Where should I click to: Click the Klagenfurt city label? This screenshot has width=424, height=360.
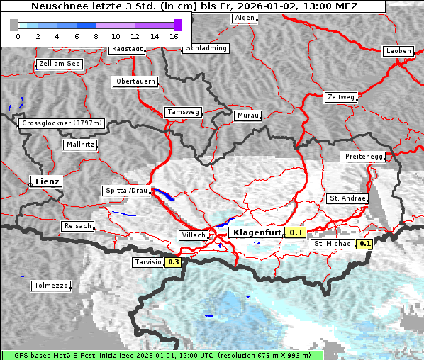[x=257, y=232]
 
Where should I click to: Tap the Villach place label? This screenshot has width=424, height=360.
[x=194, y=235]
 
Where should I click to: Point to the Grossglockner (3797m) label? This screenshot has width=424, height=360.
[x=62, y=123]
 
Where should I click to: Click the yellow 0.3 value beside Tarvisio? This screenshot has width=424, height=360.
[x=173, y=262]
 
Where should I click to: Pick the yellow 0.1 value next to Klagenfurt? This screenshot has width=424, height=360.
[x=296, y=232]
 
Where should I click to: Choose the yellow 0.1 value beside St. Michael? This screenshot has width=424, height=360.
[x=364, y=244]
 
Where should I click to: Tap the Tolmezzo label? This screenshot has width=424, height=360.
[x=51, y=286]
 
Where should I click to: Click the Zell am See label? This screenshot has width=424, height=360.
[x=60, y=64]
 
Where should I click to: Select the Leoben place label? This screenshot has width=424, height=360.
[x=397, y=51]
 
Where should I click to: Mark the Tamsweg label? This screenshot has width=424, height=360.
[x=184, y=112]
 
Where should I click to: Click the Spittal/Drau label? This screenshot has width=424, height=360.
[x=127, y=191]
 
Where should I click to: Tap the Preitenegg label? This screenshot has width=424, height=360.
[x=364, y=156]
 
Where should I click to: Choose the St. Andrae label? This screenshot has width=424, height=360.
[x=347, y=198]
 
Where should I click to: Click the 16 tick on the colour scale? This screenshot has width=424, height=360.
[x=174, y=35]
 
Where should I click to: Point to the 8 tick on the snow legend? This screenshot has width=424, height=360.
[x=95, y=35]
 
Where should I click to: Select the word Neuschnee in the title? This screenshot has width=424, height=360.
[x=58, y=6]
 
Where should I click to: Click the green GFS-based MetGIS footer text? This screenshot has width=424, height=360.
[x=162, y=355]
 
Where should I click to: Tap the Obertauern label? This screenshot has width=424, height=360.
[x=135, y=81]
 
